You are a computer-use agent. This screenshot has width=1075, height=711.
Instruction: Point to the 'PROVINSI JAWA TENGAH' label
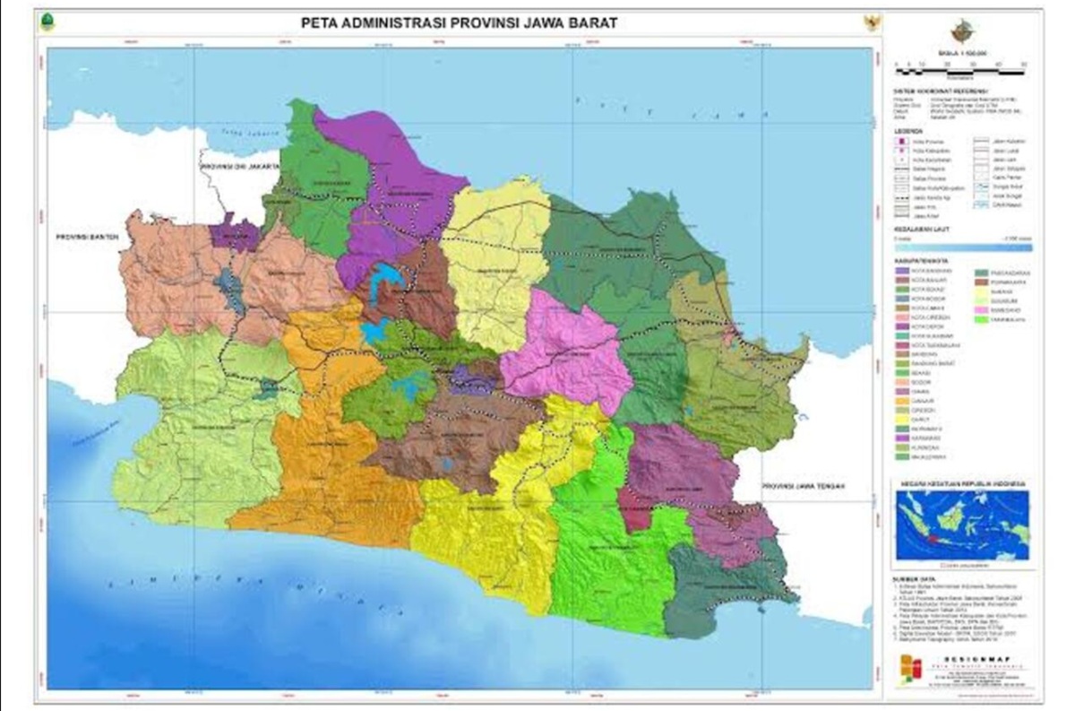804,486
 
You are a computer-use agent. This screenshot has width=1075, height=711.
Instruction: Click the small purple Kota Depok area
233,231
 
